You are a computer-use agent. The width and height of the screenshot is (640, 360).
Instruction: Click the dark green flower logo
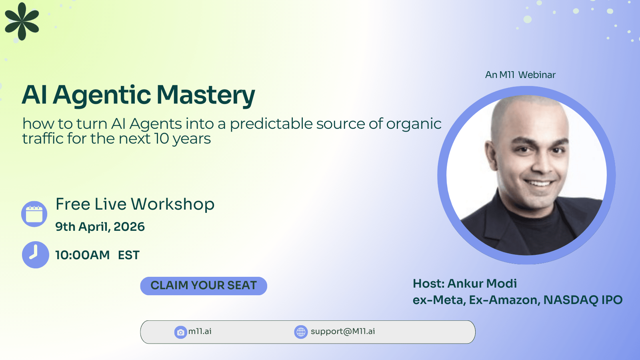(22, 21)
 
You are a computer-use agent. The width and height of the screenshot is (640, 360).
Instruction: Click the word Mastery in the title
(206, 96)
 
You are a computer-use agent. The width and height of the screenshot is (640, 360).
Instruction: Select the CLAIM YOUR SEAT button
(204, 286)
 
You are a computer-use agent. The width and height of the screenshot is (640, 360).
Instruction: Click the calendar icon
(34, 214)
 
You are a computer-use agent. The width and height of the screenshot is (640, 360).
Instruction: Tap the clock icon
(36, 255)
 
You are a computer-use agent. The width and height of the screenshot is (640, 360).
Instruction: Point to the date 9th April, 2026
(100, 226)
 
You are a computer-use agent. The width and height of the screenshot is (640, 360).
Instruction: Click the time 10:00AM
(82, 255)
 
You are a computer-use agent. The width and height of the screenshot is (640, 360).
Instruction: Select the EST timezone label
(129, 255)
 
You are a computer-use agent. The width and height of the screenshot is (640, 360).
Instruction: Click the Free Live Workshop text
(135, 204)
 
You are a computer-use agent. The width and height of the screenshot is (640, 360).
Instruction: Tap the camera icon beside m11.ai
(180, 332)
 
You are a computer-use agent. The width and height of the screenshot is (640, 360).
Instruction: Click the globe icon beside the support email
(301, 332)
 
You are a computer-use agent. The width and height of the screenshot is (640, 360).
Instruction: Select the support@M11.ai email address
(343, 332)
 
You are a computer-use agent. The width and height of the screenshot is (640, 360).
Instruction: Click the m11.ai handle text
(200, 332)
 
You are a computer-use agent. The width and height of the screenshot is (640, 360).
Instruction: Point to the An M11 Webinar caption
(520, 75)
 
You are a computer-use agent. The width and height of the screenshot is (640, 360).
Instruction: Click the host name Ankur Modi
(482, 284)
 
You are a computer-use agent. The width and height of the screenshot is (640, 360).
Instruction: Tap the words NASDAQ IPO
(583, 300)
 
